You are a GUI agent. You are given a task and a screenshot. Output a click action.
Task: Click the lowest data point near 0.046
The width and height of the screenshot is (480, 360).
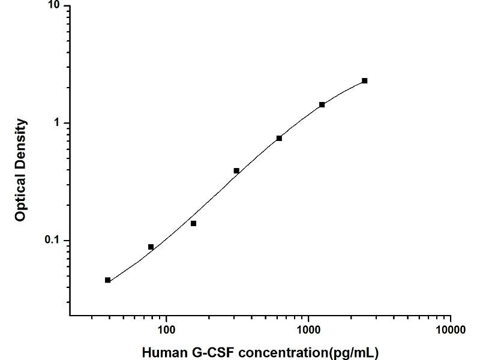(107, 280)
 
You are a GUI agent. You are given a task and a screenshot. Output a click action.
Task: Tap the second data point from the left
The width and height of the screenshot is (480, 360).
(151, 247)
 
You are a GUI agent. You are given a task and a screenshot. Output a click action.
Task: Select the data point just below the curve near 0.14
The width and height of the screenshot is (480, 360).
(193, 223)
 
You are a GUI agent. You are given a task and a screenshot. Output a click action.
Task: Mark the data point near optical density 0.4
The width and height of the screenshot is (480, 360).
(236, 171)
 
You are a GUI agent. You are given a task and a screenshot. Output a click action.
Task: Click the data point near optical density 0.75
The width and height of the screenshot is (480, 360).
(279, 138)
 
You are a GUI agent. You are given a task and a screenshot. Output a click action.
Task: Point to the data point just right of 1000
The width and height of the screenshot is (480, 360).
(322, 104)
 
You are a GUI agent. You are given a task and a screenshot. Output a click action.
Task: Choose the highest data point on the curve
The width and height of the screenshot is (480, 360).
(364, 80)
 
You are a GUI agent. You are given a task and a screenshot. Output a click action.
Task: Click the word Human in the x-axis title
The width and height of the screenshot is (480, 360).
(161, 352)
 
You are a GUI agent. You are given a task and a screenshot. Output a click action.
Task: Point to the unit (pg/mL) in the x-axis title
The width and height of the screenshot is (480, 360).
(355, 352)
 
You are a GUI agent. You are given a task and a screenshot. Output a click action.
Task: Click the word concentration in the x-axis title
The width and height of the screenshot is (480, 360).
(278, 352)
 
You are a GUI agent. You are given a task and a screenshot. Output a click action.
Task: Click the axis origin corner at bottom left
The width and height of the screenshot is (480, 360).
(70, 316)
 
